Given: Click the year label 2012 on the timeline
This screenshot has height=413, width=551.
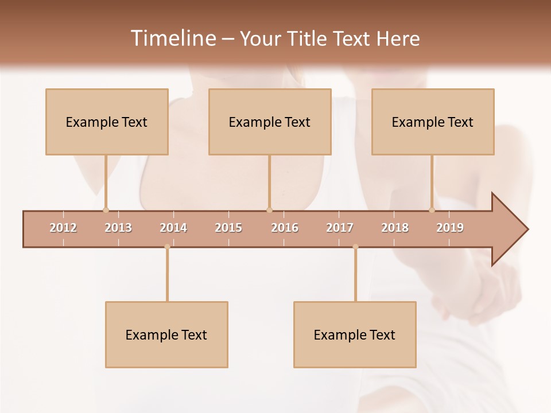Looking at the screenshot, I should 63,228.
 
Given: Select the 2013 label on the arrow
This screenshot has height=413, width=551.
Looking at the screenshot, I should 118,228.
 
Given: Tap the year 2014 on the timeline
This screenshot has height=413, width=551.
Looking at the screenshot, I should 173,228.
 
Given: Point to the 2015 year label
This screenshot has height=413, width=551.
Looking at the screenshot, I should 228,228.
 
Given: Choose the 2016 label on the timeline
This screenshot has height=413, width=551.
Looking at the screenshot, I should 285,228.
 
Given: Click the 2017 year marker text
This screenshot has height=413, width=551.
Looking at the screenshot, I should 340,228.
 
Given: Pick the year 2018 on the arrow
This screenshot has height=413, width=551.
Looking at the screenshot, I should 395,228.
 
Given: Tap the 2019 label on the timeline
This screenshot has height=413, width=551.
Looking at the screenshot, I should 450,228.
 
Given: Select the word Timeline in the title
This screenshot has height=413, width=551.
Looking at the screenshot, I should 172,38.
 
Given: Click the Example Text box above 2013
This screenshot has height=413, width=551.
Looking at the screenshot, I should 107,122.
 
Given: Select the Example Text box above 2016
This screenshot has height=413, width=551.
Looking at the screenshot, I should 270,122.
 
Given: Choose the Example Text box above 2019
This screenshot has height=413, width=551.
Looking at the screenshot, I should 433,122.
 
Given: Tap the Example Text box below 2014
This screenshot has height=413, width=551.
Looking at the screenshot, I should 166,334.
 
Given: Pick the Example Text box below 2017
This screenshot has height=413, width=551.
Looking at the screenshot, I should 355,334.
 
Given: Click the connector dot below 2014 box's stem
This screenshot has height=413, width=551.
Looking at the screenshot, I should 167,247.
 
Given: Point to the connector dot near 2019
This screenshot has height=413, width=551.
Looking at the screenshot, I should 432,210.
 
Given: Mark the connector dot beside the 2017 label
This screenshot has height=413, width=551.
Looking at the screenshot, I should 355,247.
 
